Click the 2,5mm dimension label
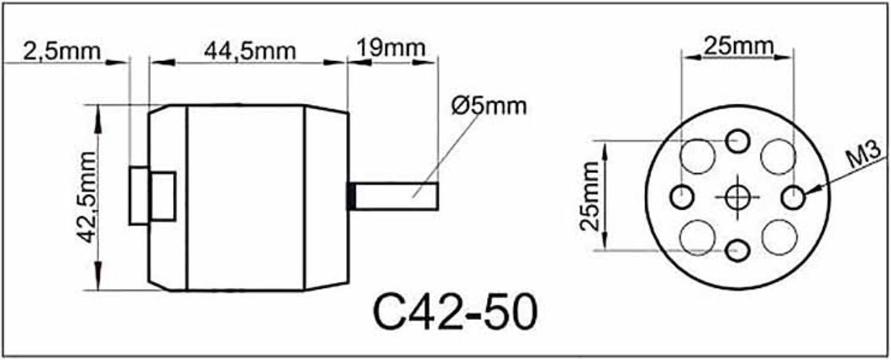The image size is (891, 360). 62,52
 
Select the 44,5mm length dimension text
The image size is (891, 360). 250,52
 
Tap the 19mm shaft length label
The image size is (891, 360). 391,48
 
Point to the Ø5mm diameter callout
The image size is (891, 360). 489,106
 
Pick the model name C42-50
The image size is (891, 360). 454,312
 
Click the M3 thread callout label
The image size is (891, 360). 863,155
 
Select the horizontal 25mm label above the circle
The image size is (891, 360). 739,46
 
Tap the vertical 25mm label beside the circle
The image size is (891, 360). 590,196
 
